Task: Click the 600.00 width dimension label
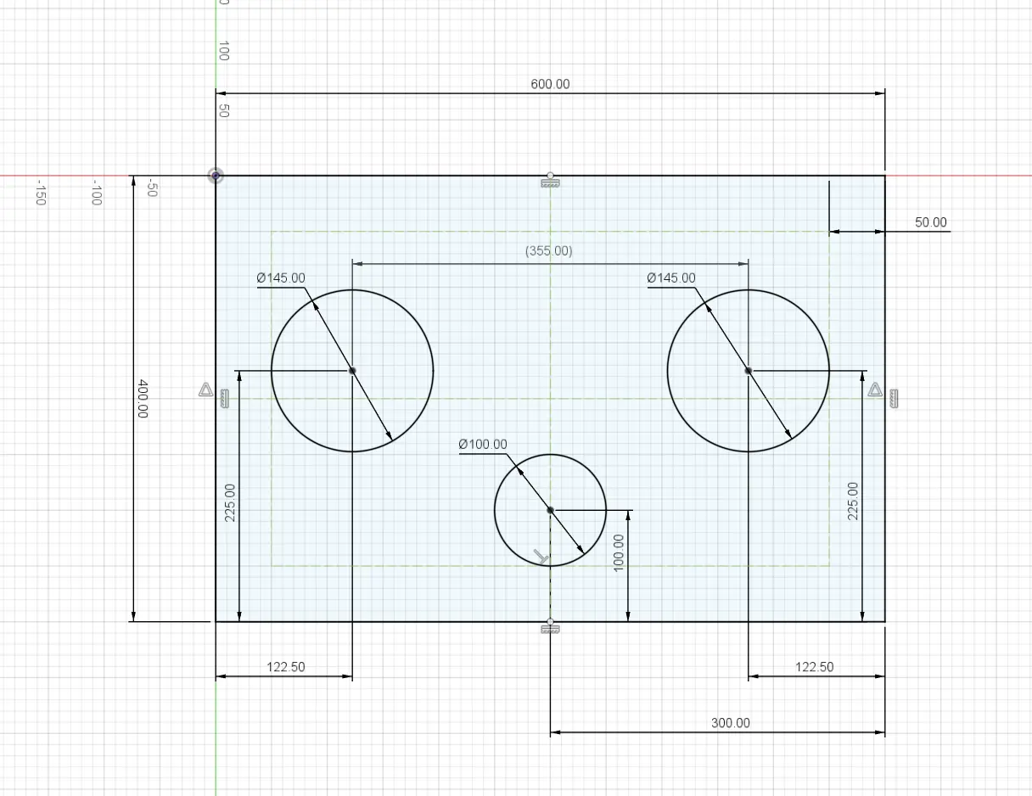(550, 84)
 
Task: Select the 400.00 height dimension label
(143, 399)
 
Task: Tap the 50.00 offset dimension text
(930, 222)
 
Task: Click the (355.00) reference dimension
(548, 250)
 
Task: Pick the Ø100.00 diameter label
(483, 445)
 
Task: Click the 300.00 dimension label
(731, 723)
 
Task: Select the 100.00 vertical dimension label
(618, 553)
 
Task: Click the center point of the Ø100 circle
(550, 510)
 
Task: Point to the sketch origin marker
(216, 176)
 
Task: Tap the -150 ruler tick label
(42, 193)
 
